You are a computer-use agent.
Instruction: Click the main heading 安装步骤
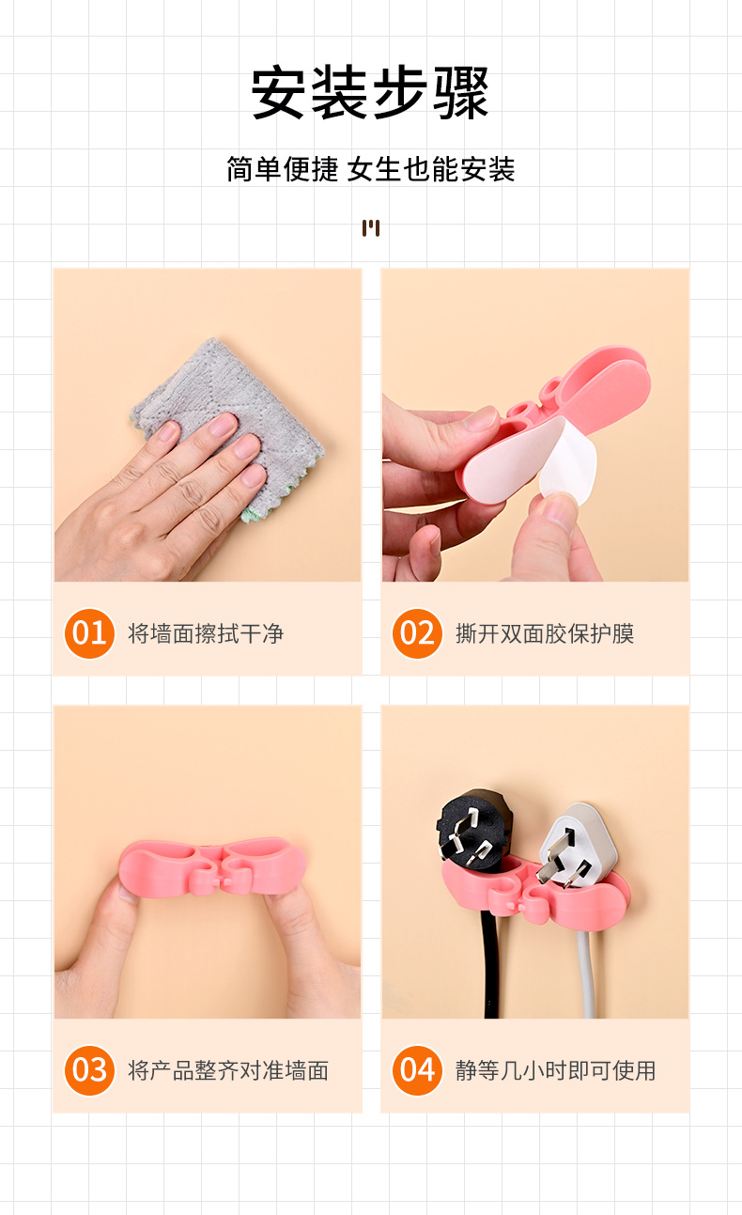(x=370, y=92)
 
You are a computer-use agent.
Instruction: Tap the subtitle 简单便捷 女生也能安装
(x=371, y=169)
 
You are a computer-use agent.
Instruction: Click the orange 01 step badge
(x=89, y=633)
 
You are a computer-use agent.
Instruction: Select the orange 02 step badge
(x=417, y=633)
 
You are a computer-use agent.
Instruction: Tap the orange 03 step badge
(x=89, y=1070)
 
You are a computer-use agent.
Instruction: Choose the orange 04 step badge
(x=417, y=1070)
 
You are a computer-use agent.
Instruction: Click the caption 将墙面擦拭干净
(x=206, y=633)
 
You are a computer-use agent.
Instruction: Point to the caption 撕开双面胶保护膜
(x=545, y=633)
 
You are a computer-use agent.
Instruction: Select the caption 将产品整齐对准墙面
(x=228, y=1070)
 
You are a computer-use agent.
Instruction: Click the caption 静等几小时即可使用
(x=555, y=1070)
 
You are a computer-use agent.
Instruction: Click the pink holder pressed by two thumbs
(x=212, y=866)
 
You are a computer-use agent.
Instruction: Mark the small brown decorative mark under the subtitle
(x=371, y=227)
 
